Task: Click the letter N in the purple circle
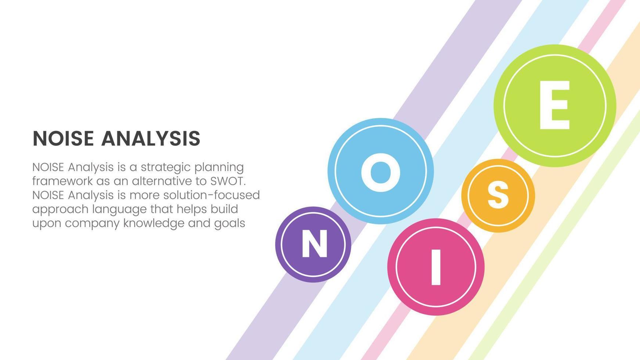click(x=314, y=244)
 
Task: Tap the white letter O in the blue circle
click(x=381, y=172)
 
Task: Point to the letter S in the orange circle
click(x=498, y=195)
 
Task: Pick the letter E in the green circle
click(x=554, y=105)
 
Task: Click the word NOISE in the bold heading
click(x=64, y=138)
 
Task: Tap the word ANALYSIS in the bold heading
click(x=151, y=138)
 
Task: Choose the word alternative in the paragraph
click(x=159, y=181)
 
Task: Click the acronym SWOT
click(x=228, y=181)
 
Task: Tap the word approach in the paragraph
click(x=60, y=210)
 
